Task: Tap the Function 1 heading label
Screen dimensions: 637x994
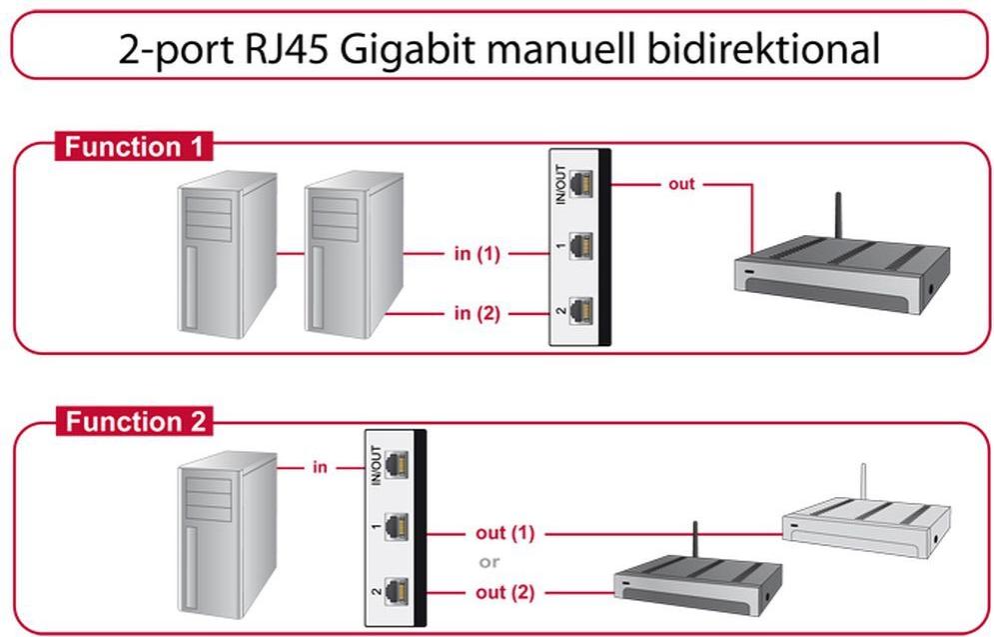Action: [134, 147]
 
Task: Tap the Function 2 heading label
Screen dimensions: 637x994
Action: [134, 422]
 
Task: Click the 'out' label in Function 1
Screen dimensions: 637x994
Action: [682, 184]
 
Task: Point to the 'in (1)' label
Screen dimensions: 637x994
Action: [477, 254]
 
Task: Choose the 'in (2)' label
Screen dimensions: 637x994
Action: [477, 313]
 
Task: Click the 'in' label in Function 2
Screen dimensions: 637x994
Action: [320, 466]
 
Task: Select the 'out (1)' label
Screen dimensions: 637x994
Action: [504, 533]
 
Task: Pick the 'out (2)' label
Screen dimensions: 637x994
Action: [504, 592]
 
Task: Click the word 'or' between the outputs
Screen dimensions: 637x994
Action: [490, 562]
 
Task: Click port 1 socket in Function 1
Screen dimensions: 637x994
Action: [580, 246]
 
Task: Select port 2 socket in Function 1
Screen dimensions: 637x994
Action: [580, 311]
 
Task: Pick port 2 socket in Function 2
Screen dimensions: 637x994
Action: [398, 591]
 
